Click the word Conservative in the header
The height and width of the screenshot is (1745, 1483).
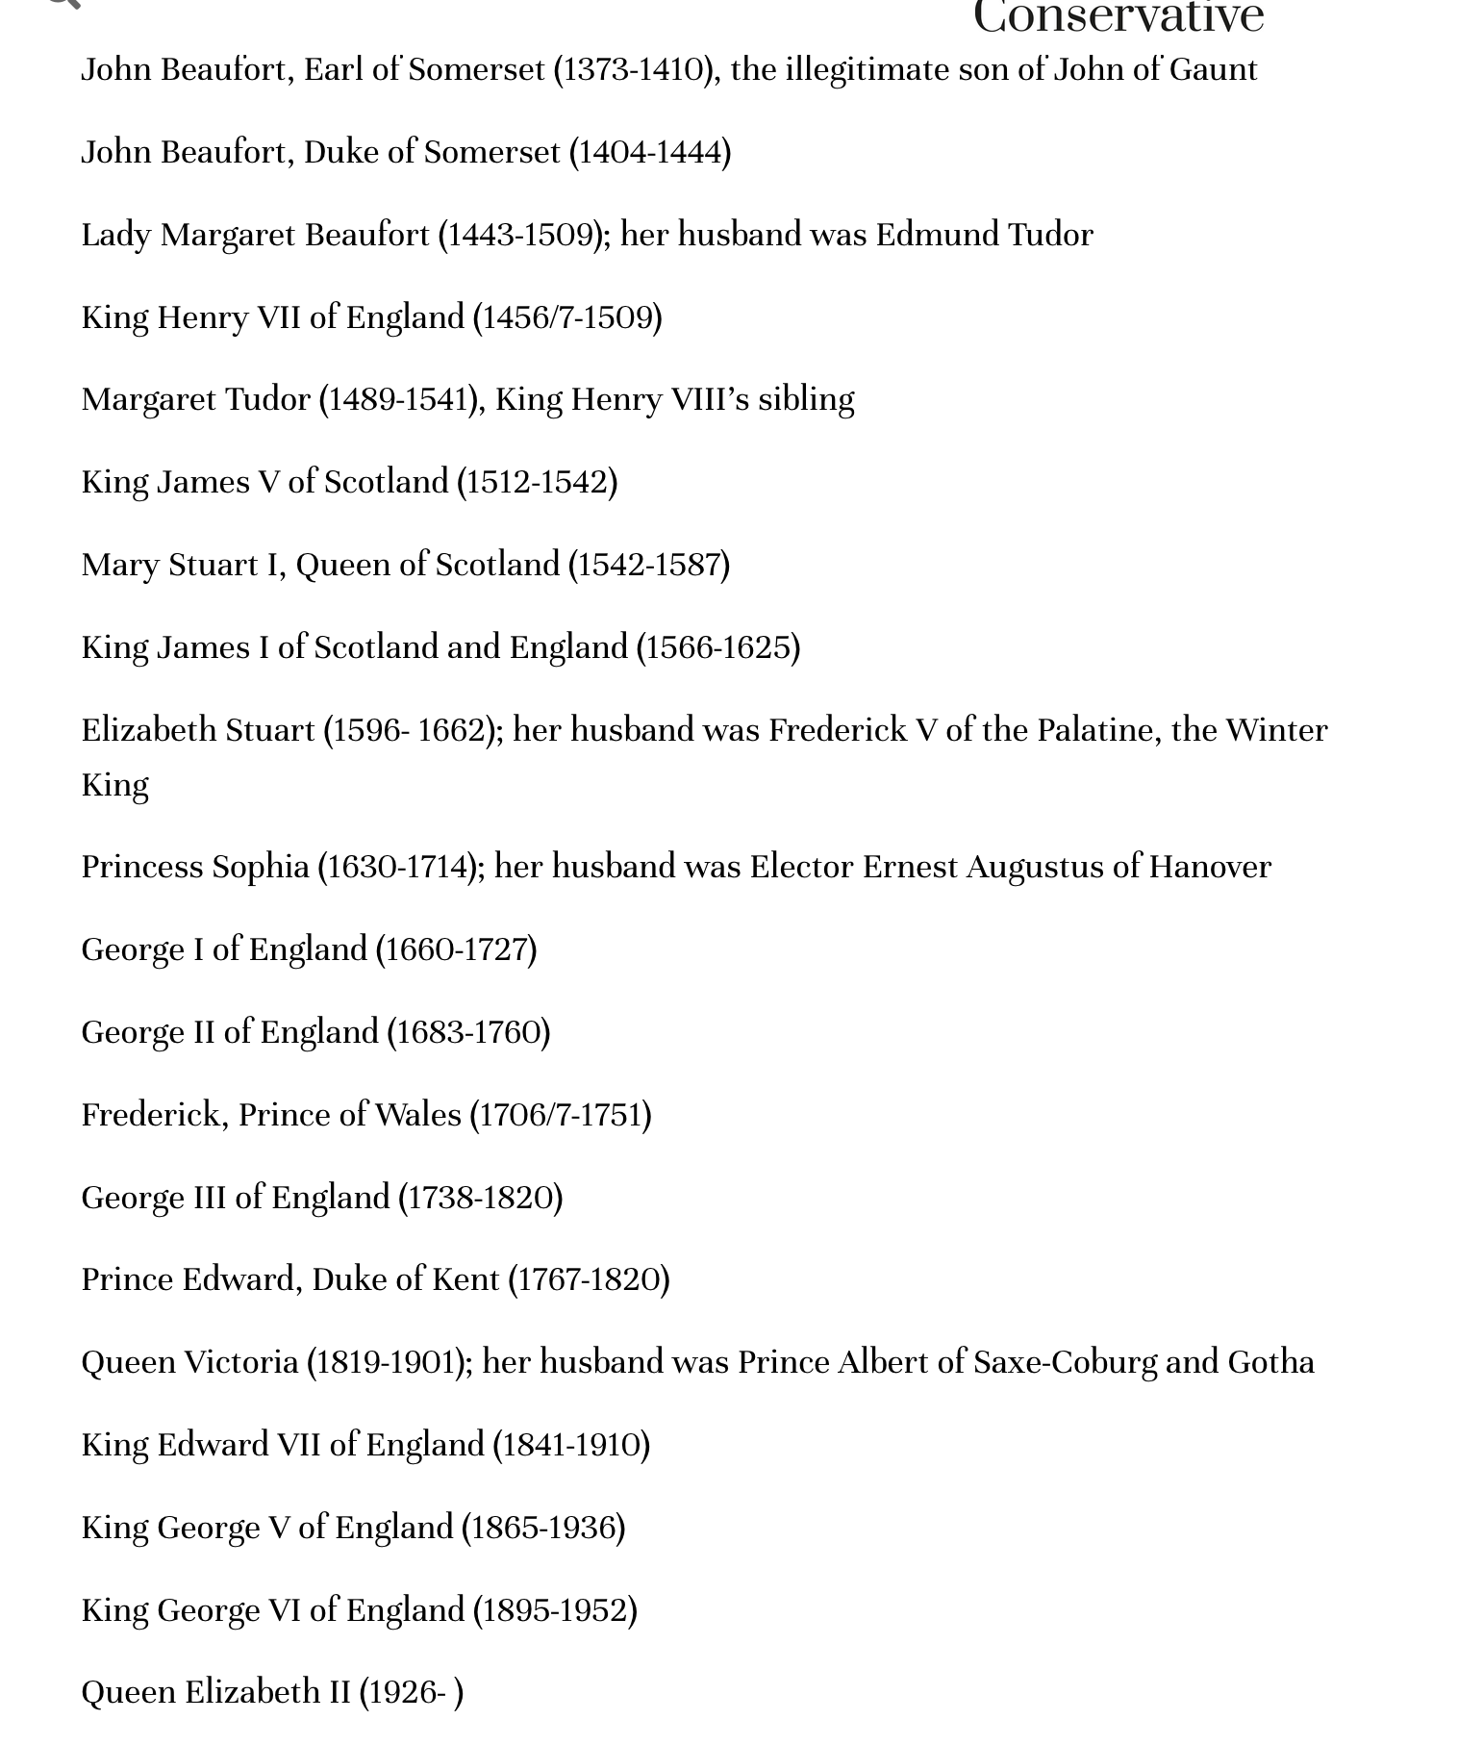pyautogui.click(x=1119, y=17)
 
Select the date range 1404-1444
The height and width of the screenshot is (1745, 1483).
pyautogui.click(x=650, y=153)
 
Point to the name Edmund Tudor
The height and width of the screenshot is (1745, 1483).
pyautogui.click(x=984, y=236)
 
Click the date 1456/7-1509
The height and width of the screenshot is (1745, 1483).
pyautogui.click(x=567, y=318)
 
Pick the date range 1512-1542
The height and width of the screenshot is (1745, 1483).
pyautogui.click(x=537, y=483)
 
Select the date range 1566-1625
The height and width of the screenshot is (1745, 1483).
pyautogui.click(x=718, y=648)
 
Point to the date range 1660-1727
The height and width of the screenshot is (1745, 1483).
pyautogui.click(x=456, y=950)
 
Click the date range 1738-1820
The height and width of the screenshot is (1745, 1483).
pyautogui.click(x=481, y=1199)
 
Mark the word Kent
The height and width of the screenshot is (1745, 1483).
pyautogui.click(x=465, y=1280)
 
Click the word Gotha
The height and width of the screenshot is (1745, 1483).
pyautogui.click(x=1270, y=1363)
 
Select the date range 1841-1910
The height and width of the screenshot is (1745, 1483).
pyautogui.click(x=571, y=1446)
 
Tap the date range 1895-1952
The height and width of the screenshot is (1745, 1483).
pyautogui.click(x=555, y=1611)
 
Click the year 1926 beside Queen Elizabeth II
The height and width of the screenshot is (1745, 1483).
pyautogui.click(x=402, y=1693)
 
